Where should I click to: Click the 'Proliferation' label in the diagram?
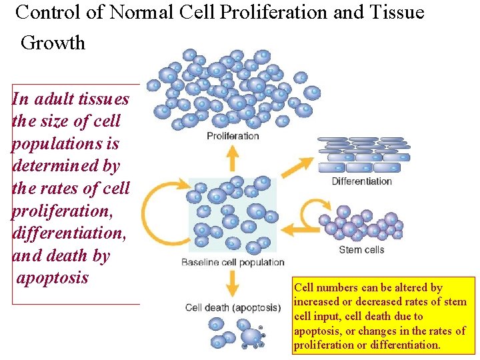point(233,136)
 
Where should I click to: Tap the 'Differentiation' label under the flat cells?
point(361,181)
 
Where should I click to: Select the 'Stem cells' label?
point(361,250)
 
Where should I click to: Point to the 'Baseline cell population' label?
point(233,262)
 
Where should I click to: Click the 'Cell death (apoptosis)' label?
point(233,307)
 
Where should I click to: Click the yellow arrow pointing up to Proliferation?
point(233,159)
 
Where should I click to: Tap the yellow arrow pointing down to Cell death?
point(233,285)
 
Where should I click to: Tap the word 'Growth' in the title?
point(53,43)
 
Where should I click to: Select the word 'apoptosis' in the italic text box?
point(52,278)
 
